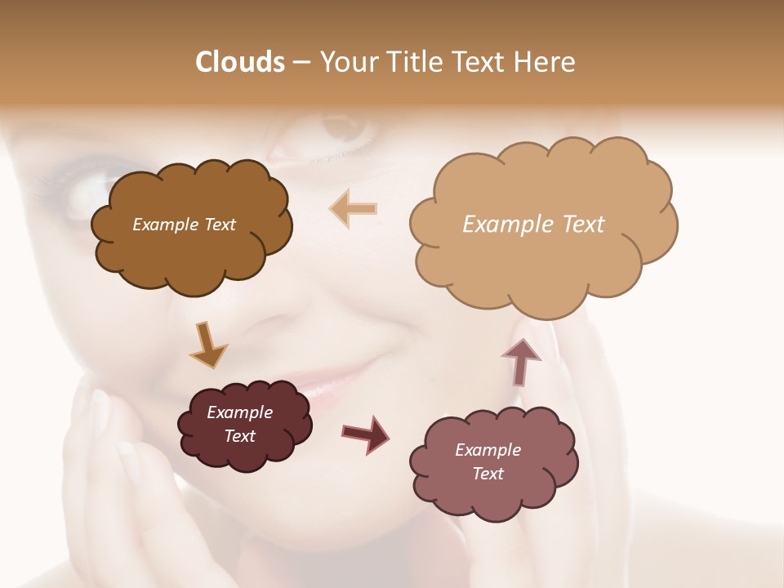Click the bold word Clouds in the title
[239, 62]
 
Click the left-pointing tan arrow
[353, 208]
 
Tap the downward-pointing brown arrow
[207, 344]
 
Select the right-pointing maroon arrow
[365, 433]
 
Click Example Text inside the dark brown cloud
[184, 225]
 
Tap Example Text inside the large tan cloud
[533, 225]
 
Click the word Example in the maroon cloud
[239, 412]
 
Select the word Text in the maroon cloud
[239, 436]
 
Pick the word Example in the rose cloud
[488, 450]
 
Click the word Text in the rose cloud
[488, 474]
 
